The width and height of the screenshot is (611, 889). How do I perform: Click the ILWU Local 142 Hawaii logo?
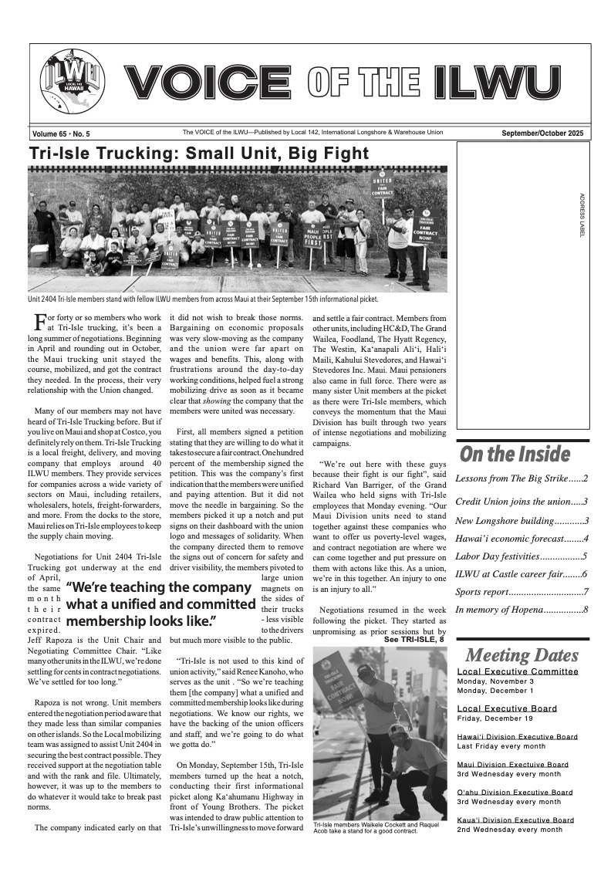pos(72,83)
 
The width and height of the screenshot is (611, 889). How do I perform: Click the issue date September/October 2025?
pos(542,133)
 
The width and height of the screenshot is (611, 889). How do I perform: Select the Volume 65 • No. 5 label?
pos(62,134)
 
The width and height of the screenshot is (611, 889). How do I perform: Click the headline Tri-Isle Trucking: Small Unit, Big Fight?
pos(199,153)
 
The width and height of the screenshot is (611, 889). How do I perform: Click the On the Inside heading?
pos(515,454)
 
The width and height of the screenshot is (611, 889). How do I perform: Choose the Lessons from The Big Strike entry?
pos(522,478)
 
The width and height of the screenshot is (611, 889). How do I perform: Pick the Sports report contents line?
pos(522,592)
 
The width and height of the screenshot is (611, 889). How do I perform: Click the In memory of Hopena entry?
pos(522,610)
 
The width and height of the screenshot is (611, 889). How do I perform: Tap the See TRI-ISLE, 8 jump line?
pos(414,640)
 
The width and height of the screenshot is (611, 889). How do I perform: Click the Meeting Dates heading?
pos(521,656)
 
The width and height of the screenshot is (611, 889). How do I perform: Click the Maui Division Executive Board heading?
pos(512,764)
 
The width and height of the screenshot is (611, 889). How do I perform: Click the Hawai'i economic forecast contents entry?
pos(522,539)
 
